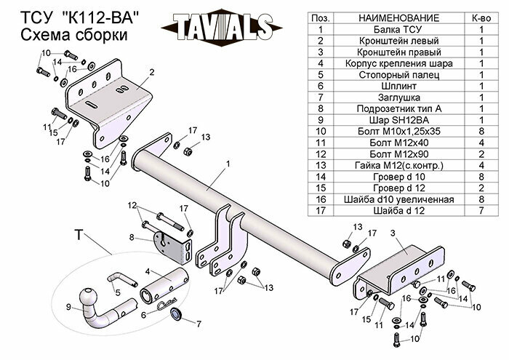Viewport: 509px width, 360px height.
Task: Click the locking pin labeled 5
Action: (121, 279)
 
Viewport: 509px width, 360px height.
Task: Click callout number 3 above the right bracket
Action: (392, 233)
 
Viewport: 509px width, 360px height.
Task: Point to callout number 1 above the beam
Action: (228, 165)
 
